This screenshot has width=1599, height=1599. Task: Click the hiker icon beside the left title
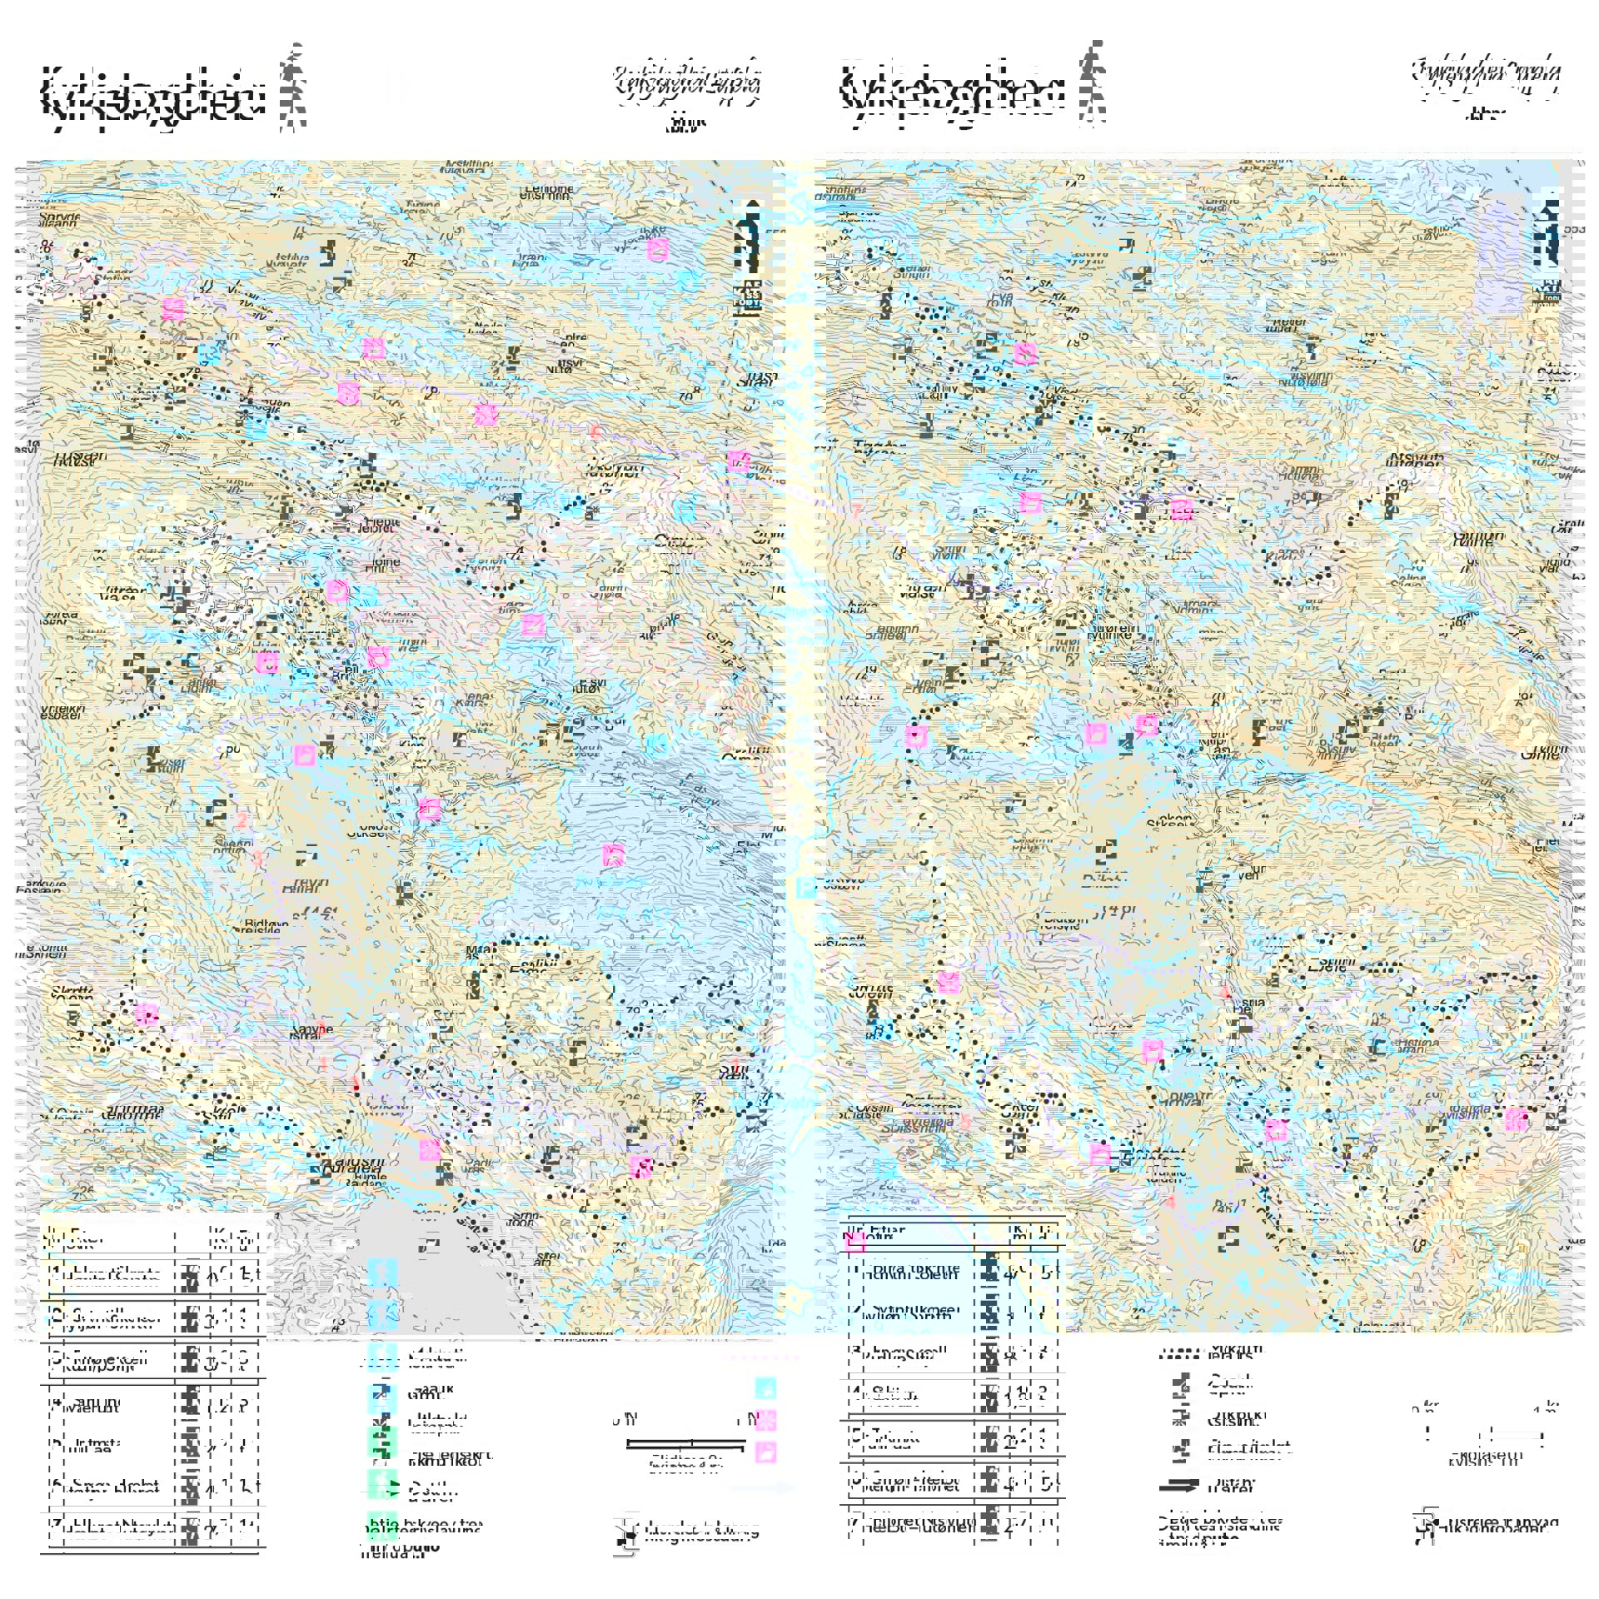point(292,89)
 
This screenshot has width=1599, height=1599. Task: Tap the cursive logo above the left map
point(687,86)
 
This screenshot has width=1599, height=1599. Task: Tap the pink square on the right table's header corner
point(854,1242)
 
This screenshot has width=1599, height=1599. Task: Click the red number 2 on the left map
point(242,820)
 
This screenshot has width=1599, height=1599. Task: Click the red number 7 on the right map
point(855,511)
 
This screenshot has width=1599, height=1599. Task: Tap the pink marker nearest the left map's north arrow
point(657,248)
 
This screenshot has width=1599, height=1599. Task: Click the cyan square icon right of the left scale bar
point(765,1387)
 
